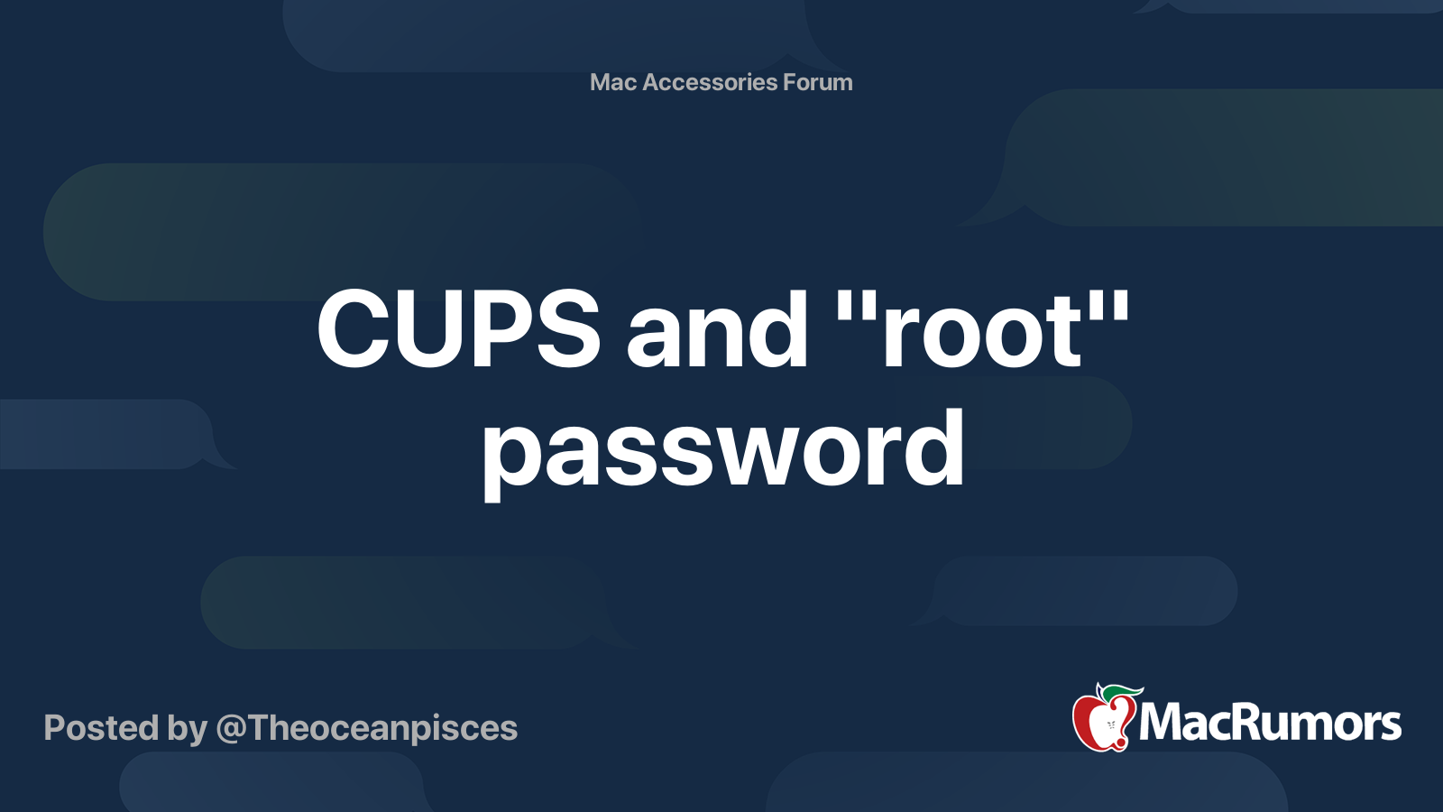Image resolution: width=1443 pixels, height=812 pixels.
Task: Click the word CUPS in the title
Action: click(x=458, y=329)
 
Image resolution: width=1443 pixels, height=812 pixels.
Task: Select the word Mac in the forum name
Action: click(x=613, y=82)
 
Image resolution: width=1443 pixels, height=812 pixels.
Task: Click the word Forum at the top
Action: click(x=817, y=82)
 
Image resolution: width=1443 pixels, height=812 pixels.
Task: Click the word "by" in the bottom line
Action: click(x=187, y=729)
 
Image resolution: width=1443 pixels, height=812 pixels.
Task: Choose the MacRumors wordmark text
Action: click(x=1270, y=723)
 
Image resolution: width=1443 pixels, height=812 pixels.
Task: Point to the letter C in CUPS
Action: click(x=354, y=329)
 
